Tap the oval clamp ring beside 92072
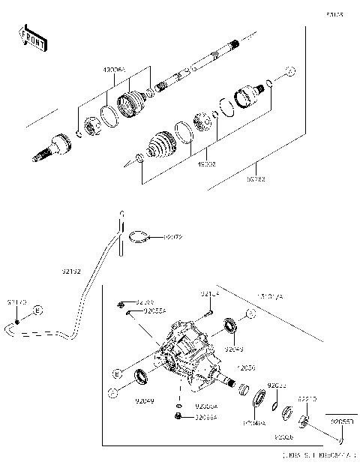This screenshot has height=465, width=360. (136, 237)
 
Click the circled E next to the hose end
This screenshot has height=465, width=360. (37, 310)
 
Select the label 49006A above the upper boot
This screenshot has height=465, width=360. (118, 69)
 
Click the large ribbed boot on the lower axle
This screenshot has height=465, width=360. (160, 144)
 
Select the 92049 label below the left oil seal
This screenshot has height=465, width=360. (144, 402)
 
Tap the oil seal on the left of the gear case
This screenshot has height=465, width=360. (141, 377)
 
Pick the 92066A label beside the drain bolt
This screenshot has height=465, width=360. (206, 417)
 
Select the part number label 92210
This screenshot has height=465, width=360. (308, 399)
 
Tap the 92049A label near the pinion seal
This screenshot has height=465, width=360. (253, 423)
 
